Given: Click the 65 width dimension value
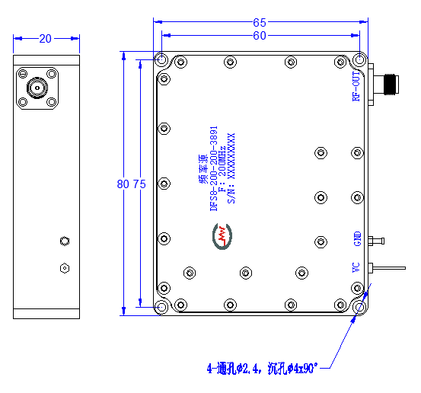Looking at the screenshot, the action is click(x=260, y=23).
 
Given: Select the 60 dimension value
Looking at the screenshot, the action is click(x=260, y=36).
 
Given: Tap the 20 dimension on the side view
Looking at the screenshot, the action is click(x=45, y=39).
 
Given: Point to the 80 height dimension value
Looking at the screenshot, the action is click(x=123, y=184).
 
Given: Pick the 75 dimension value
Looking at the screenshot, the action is click(x=139, y=184).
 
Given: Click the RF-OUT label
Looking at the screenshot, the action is click(x=356, y=86).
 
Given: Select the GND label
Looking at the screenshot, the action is click(x=357, y=238).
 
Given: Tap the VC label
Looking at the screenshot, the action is click(x=356, y=267).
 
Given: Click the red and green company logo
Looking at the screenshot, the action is click(x=222, y=236).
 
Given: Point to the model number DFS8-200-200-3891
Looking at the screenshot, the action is click(x=213, y=168).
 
